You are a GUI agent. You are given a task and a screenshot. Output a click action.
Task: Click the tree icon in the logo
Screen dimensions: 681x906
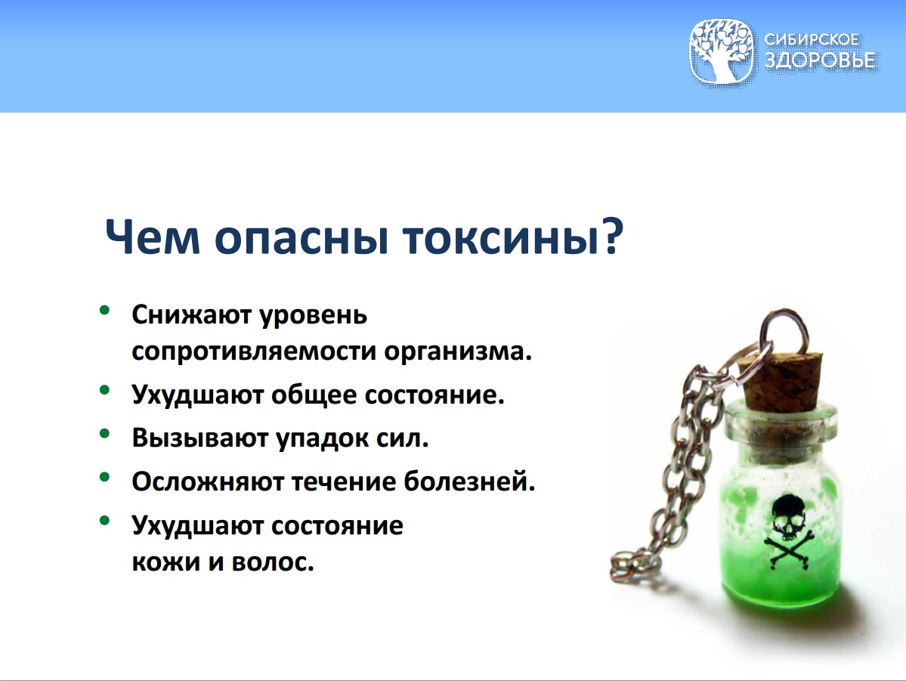(x=721, y=51)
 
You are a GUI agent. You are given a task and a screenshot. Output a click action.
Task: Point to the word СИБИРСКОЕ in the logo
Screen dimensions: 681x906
(x=812, y=39)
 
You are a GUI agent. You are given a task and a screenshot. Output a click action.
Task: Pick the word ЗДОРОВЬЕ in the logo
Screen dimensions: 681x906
(x=819, y=60)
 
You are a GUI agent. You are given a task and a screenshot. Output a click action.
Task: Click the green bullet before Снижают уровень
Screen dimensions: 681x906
(x=104, y=311)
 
